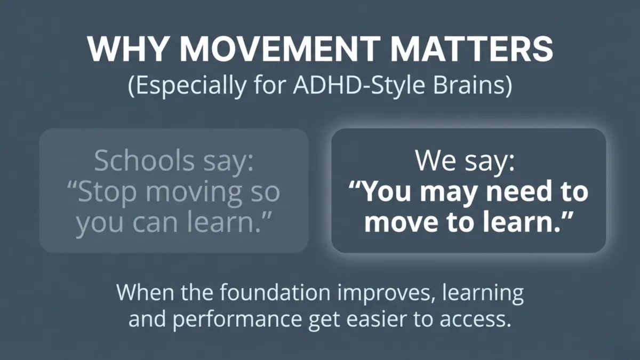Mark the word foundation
click(259, 293)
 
